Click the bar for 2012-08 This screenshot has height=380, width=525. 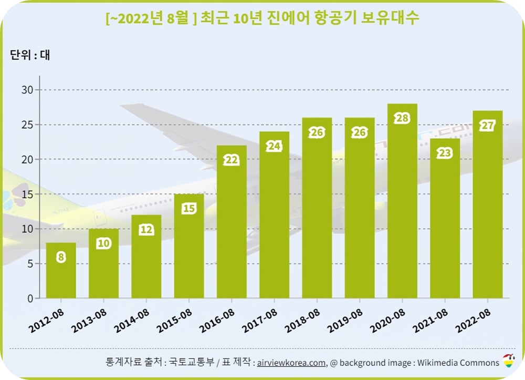(x=61, y=271)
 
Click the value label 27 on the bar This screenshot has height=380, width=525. (x=488, y=126)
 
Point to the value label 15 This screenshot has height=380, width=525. (x=189, y=209)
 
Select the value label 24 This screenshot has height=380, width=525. (x=274, y=146)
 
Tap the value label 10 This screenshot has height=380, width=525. (x=103, y=243)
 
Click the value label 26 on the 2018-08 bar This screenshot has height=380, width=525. (x=317, y=132)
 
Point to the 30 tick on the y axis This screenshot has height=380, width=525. (x=27, y=90)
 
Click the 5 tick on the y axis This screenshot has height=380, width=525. (x=30, y=264)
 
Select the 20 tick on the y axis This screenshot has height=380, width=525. (x=27, y=159)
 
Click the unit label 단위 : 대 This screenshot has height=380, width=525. (x=30, y=55)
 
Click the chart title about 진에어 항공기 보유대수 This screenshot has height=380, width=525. (x=262, y=18)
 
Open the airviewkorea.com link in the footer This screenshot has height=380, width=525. (x=291, y=363)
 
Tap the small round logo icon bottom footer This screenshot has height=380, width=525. (x=509, y=361)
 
